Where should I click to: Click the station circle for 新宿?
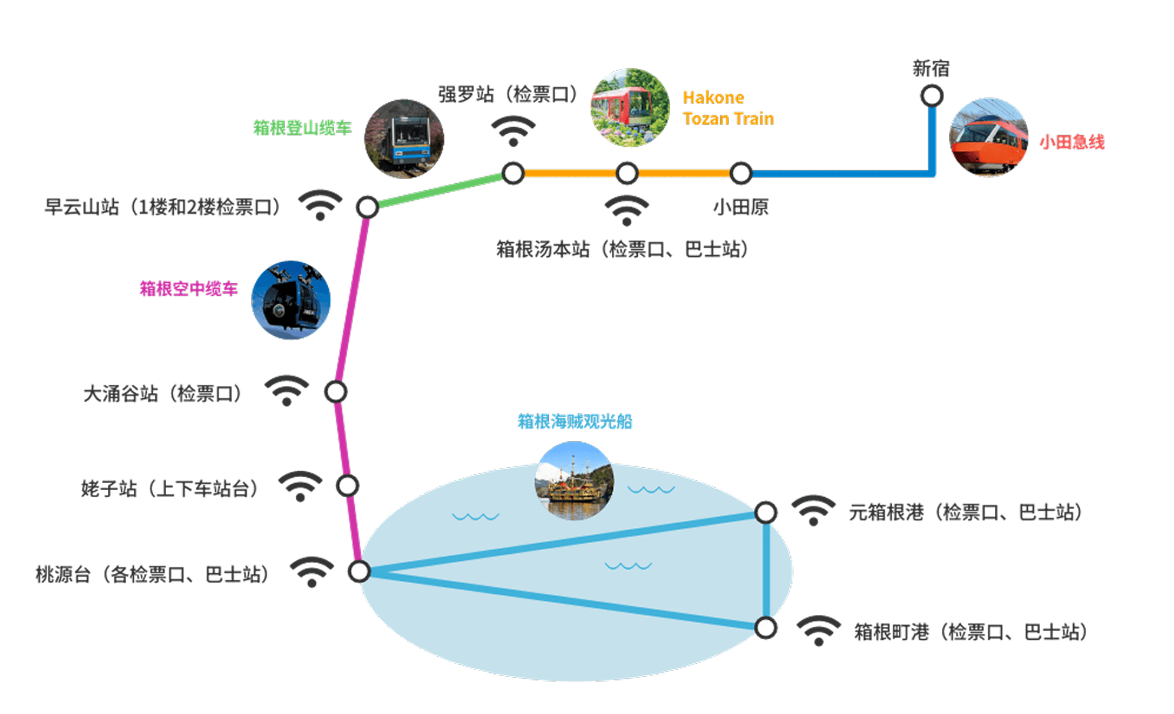(x=931, y=95)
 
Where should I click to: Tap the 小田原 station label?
(x=741, y=207)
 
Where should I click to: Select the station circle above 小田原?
(x=740, y=173)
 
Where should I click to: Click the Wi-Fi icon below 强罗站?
(x=513, y=131)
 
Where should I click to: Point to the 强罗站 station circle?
(x=513, y=173)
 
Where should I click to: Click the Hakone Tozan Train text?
(x=728, y=108)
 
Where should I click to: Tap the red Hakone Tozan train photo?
(x=630, y=108)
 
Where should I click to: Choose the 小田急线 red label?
(x=1071, y=142)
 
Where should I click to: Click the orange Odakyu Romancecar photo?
(x=989, y=137)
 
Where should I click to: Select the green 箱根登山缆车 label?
(x=302, y=128)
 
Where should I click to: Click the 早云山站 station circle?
(x=367, y=207)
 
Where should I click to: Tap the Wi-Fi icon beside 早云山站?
(x=320, y=204)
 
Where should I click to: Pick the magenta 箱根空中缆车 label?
(x=189, y=289)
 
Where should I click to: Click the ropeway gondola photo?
(x=291, y=300)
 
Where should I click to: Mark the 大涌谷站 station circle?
(x=336, y=392)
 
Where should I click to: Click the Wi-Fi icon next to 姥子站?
(x=300, y=486)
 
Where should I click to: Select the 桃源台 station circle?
(x=359, y=571)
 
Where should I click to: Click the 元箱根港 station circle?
(x=766, y=513)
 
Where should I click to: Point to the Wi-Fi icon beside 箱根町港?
(x=818, y=630)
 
